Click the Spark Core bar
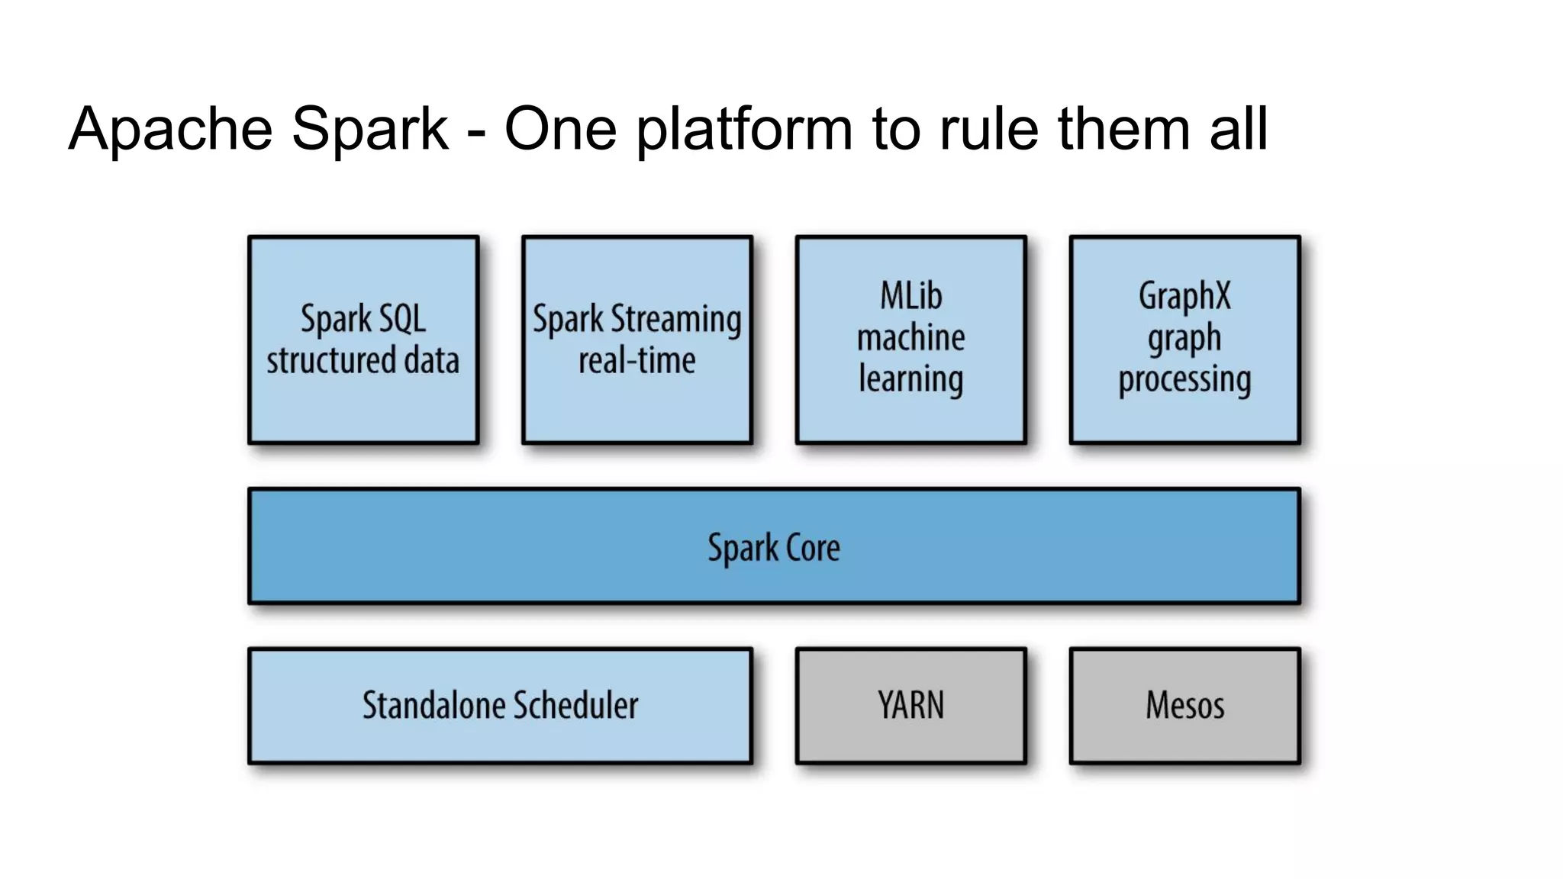[x=774, y=547]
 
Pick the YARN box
[x=910, y=705]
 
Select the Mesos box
[x=1184, y=705]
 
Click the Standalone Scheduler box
[x=500, y=705]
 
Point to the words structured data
[x=363, y=360]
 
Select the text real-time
[x=636, y=360]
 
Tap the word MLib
[x=910, y=296]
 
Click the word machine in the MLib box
[x=910, y=337]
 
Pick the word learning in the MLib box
[x=910, y=379]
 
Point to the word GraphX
[x=1184, y=296]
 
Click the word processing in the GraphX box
[x=1184, y=379]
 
